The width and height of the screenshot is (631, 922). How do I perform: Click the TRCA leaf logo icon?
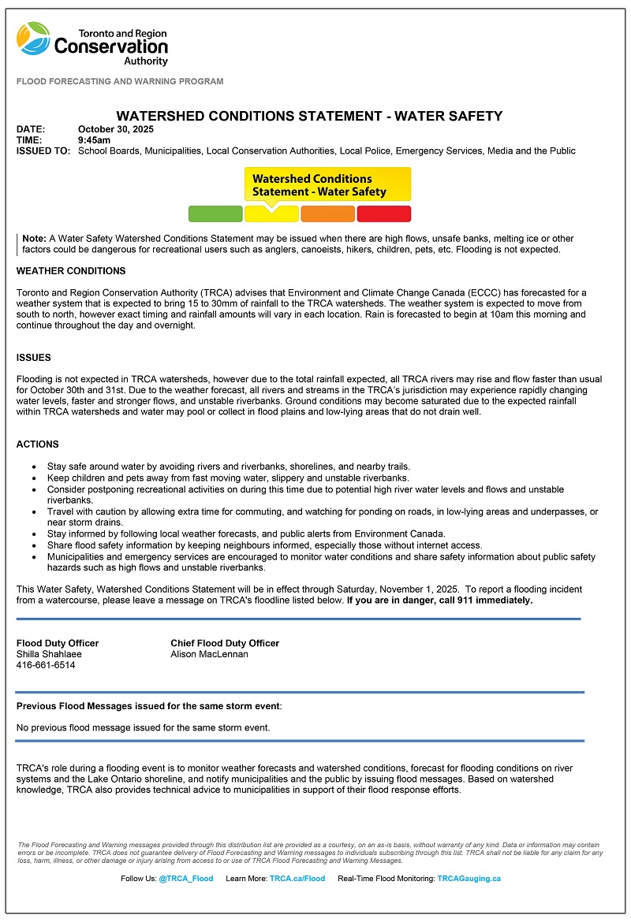coord(34,39)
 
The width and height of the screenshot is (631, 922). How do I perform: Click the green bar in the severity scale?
coord(215,214)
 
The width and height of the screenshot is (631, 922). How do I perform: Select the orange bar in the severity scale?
coord(328,214)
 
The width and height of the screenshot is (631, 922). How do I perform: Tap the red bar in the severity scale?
coord(384,214)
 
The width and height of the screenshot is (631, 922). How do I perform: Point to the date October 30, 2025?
coord(116,129)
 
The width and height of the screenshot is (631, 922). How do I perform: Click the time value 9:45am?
coord(95,140)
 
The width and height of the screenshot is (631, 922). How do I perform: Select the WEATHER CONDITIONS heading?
coord(71,271)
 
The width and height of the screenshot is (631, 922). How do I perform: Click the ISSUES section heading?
coord(34,358)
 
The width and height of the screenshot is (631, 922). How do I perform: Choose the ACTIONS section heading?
coord(38,444)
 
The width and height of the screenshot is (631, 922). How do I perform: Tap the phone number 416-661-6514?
coord(46,665)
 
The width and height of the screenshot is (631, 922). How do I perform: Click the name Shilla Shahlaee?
coord(49,654)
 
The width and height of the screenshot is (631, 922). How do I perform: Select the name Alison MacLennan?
coord(210,654)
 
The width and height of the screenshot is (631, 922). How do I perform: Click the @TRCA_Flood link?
coord(186,879)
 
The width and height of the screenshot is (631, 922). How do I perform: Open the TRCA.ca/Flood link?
coord(297,879)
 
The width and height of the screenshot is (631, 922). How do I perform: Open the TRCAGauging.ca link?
coord(469,879)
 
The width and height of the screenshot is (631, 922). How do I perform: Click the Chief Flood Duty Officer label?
coord(225,643)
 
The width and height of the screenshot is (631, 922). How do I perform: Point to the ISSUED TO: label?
coord(43,151)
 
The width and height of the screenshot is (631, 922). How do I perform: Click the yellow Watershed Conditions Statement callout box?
coord(327,185)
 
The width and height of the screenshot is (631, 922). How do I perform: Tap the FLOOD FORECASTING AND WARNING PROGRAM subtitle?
coord(120,81)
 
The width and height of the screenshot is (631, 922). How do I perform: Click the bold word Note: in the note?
coord(35,238)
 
